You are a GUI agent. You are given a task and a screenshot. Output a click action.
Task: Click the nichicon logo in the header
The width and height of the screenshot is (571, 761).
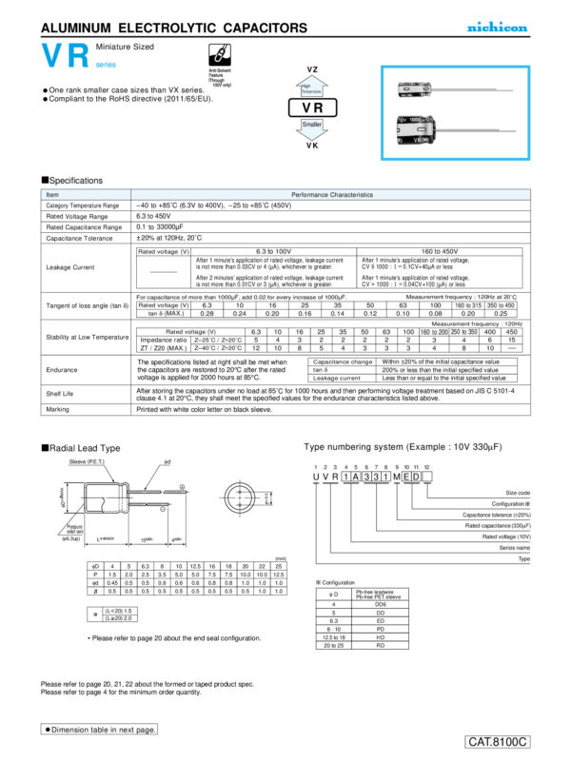497,28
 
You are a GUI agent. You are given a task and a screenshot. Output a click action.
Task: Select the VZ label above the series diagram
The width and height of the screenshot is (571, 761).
311,70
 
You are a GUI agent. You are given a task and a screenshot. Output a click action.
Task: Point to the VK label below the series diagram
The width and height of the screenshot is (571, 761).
311,146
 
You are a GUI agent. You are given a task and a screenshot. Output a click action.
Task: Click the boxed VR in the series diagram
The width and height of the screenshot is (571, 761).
311,108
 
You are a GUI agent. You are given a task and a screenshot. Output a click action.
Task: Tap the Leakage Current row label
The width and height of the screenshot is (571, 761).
70,266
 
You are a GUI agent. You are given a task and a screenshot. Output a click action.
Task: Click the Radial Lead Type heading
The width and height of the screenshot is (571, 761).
83,447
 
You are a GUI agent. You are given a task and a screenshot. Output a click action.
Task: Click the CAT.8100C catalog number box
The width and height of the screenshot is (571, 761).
497,741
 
